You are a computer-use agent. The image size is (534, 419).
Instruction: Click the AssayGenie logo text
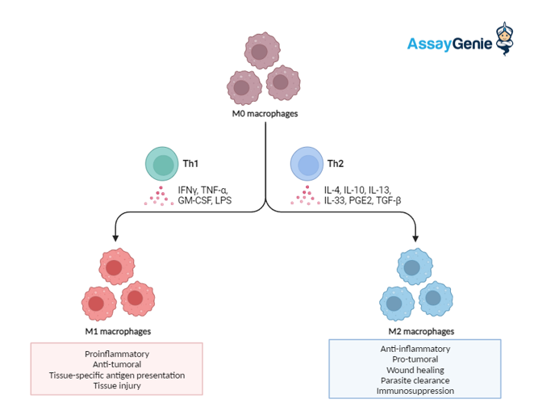pyautogui.click(x=449, y=44)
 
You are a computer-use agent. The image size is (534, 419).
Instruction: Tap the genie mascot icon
pyautogui.click(x=504, y=39)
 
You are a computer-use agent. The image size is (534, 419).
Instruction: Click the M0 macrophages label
pyautogui.click(x=265, y=114)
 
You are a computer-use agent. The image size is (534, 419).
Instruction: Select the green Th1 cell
pyautogui.click(x=162, y=164)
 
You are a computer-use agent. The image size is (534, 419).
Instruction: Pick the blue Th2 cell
pyautogui.click(x=307, y=164)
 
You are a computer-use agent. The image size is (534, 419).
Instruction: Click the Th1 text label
pyautogui.click(x=190, y=164)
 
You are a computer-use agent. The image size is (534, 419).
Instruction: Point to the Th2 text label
pyautogui.click(x=336, y=164)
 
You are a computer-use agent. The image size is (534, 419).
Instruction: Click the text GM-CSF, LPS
pyautogui.click(x=205, y=200)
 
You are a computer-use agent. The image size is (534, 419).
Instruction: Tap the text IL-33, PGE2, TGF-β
pyautogui.click(x=362, y=200)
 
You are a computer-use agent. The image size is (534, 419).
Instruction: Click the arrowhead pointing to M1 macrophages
pyautogui.click(x=115, y=238)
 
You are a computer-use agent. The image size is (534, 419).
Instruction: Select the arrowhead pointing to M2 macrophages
pyautogui.click(x=415, y=238)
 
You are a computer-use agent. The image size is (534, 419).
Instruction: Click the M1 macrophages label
pyautogui.click(x=118, y=331)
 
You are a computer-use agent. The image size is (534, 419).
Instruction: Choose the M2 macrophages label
pyautogui.click(x=421, y=331)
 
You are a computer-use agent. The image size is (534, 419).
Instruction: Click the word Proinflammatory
pyautogui.click(x=117, y=354)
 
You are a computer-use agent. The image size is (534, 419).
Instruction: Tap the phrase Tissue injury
pyautogui.click(x=117, y=386)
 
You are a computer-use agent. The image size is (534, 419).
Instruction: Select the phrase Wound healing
pyautogui.click(x=415, y=370)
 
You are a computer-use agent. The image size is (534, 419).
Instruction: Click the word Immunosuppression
pyautogui.click(x=415, y=391)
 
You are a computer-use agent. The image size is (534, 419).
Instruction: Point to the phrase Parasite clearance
pyautogui.click(x=415, y=380)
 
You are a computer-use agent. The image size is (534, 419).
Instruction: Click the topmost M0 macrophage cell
pyautogui.click(x=262, y=50)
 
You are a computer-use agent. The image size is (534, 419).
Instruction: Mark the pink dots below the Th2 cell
pyautogui.click(x=306, y=195)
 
